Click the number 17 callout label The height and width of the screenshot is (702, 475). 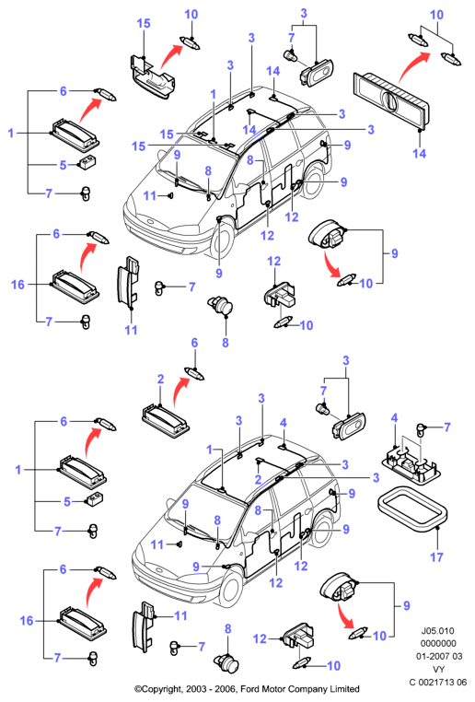(x=436, y=557)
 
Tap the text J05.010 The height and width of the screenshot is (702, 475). (x=437, y=631)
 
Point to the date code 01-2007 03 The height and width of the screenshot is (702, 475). (x=439, y=656)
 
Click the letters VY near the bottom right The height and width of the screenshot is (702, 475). (x=439, y=669)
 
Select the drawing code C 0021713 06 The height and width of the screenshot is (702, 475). (x=438, y=682)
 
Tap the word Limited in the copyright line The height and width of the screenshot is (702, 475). (x=344, y=688)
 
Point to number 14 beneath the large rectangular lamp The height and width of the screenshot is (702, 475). (x=419, y=153)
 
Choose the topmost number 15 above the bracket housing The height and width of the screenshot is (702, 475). (x=143, y=23)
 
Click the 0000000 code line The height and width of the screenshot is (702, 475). (x=438, y=643)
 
